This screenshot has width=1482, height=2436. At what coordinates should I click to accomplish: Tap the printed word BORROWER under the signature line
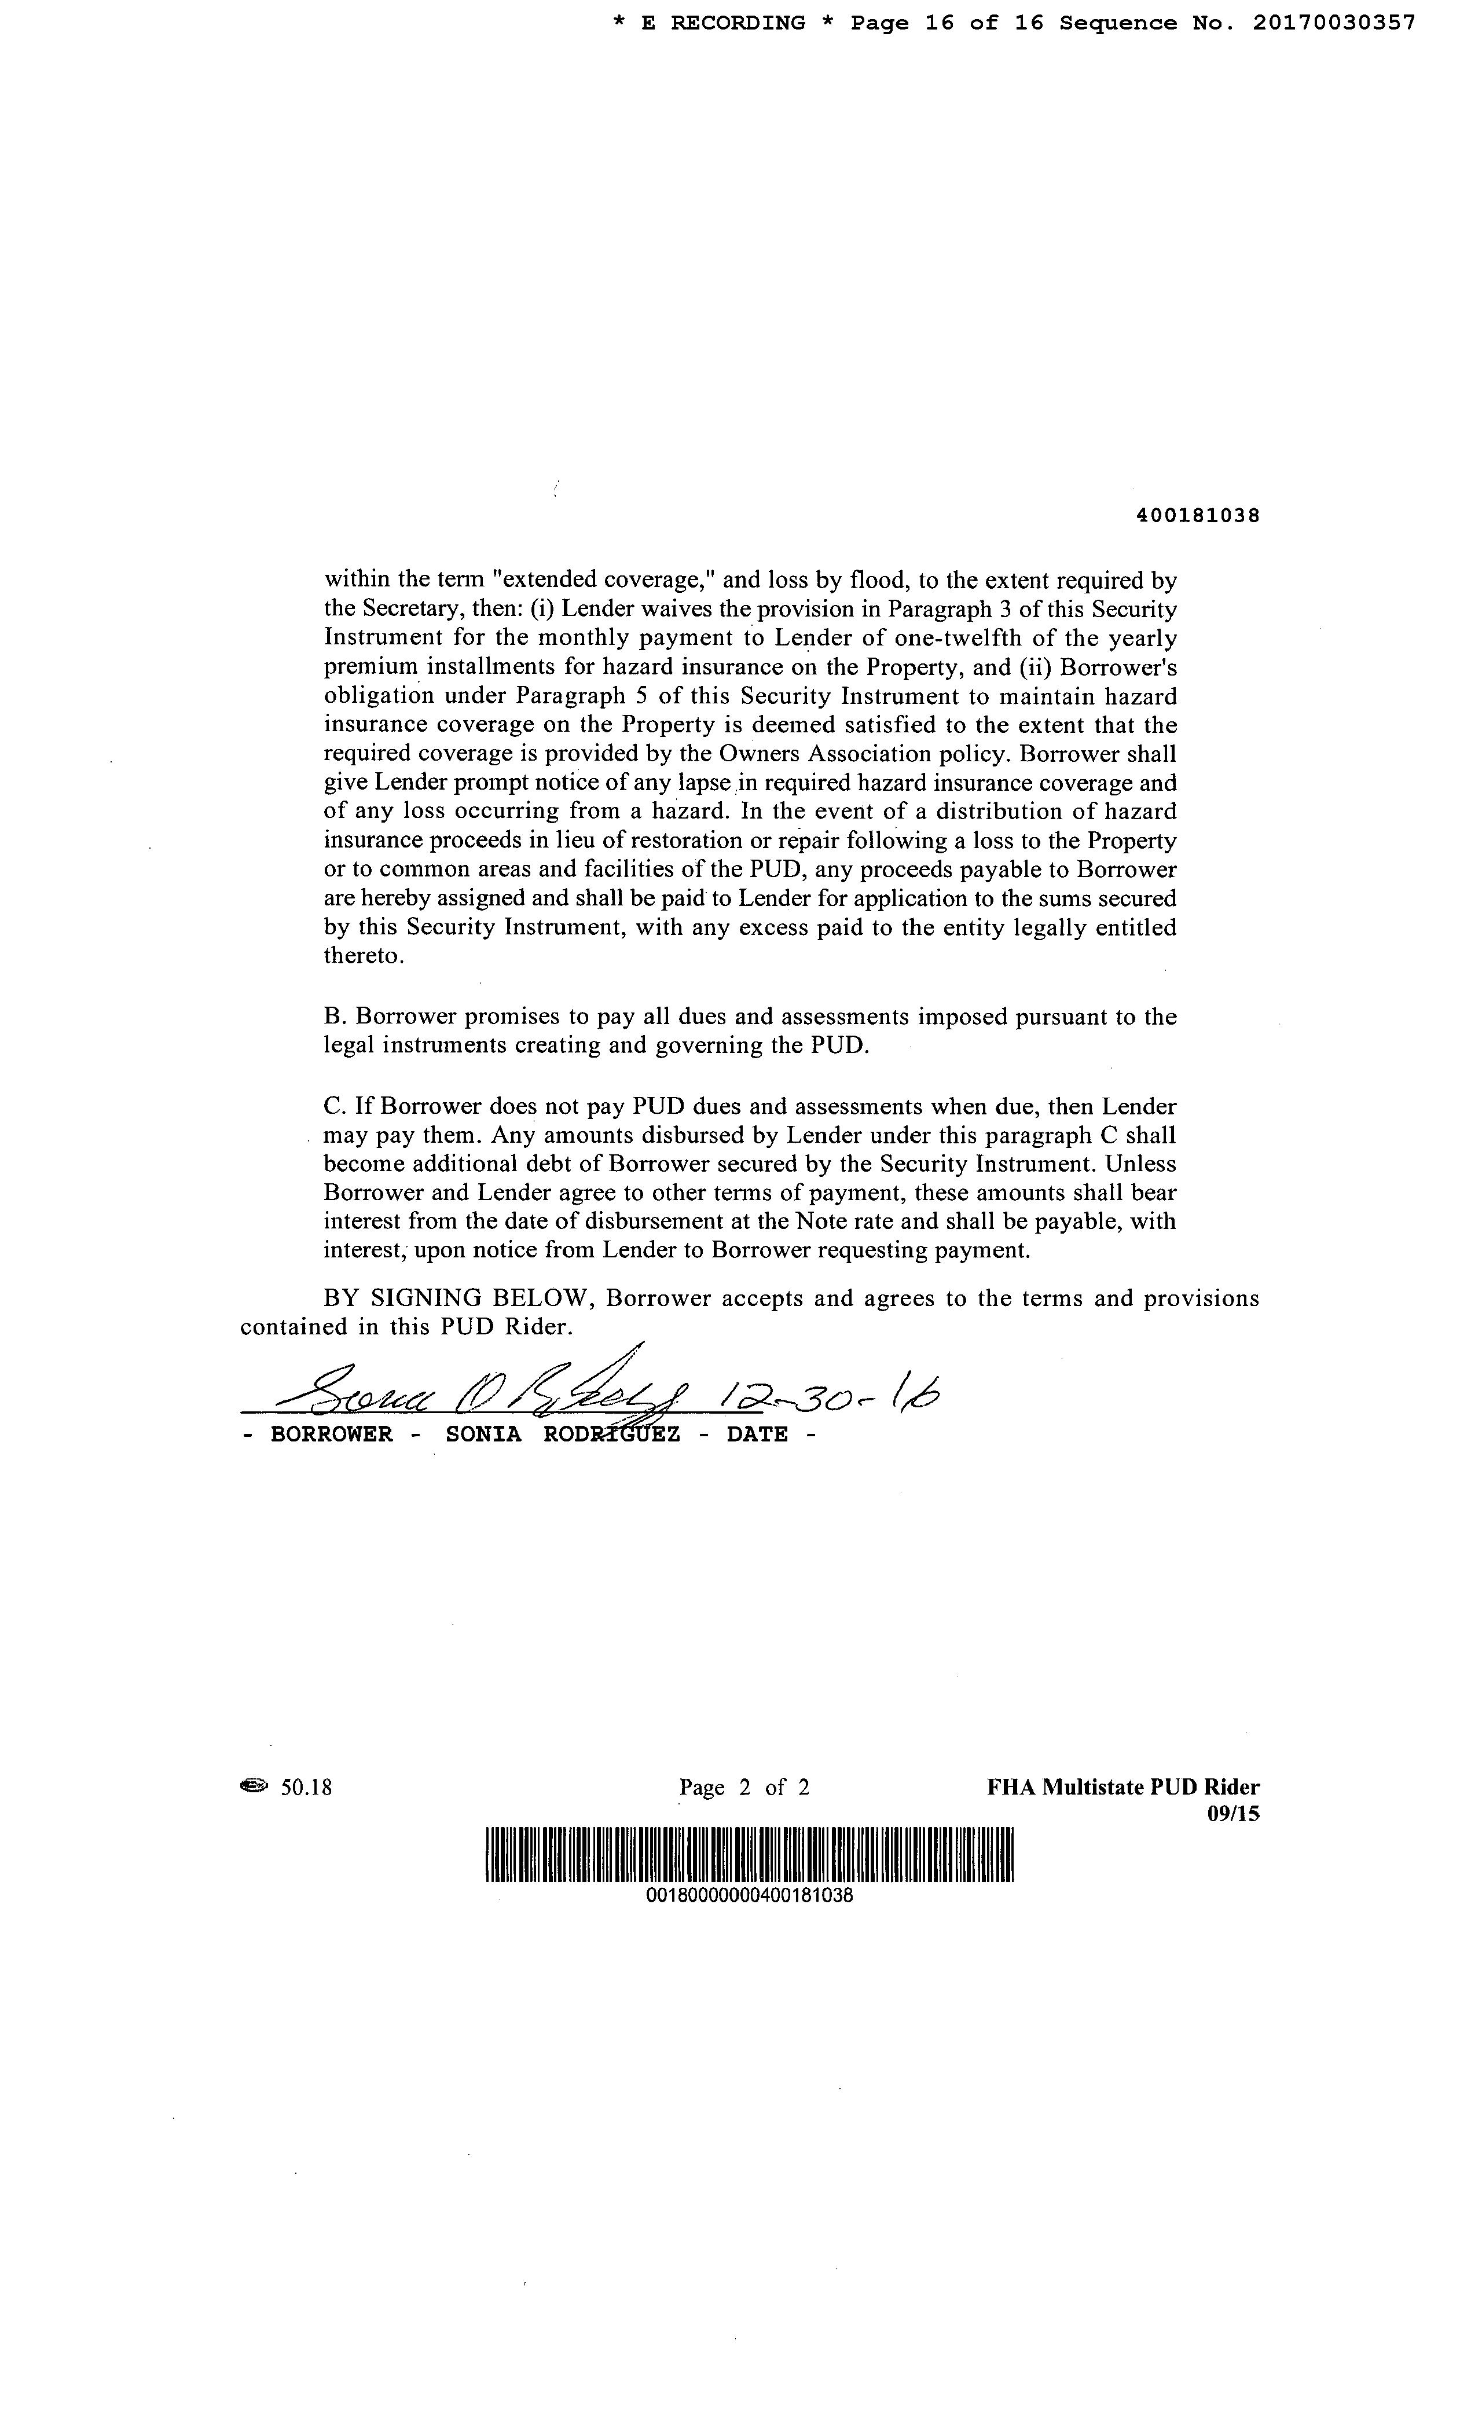331,1435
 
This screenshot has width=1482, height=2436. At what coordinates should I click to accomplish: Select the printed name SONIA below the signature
483,1435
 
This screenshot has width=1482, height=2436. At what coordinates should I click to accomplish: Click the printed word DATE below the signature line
757,1435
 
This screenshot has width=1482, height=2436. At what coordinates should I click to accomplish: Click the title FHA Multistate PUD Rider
1123,1786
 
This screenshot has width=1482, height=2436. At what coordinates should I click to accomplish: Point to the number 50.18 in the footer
306,1786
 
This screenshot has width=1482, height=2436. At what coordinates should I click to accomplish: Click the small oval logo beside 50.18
254,1785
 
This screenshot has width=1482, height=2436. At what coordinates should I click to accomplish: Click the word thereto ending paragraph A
350,956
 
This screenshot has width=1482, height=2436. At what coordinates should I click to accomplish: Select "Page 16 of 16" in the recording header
947,23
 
